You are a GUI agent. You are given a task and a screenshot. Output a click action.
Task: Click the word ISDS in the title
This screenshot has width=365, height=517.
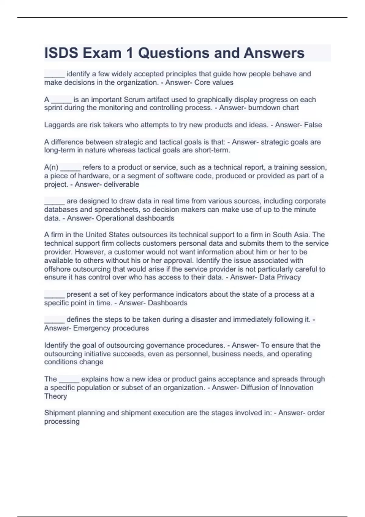(x=61, y=53)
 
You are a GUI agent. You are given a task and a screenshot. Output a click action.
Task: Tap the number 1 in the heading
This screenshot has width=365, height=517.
(x=130, y=53)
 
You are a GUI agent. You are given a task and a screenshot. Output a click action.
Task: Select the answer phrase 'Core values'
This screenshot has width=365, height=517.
(x=214, y=82)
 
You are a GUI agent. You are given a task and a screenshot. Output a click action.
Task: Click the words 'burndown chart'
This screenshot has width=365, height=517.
(x=273, y=108)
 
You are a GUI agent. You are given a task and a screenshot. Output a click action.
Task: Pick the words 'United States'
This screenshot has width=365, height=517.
(x=103, y=235)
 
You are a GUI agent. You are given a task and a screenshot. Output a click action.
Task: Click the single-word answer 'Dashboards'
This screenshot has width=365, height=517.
(x=168, y=303)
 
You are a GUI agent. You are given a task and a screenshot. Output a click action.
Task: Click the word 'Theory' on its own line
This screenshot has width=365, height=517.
(x=55, y=396)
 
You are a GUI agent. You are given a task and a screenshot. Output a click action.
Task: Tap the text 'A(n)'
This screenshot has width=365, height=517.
(x=51, y=167)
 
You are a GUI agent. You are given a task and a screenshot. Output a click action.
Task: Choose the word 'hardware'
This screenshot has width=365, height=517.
(x=92, y=176)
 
